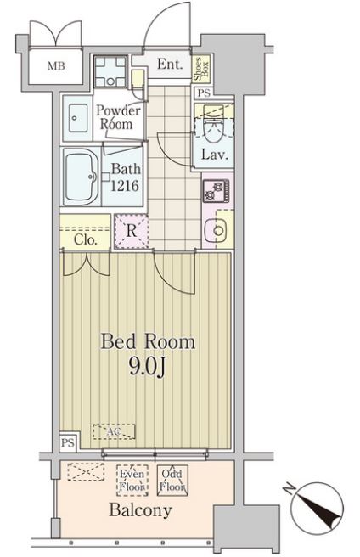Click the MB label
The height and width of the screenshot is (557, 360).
click(57, 66)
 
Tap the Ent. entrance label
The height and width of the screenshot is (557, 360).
click(170, 64)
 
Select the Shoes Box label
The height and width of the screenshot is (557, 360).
click(201, 68)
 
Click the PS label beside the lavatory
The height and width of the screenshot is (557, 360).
click(204, 93)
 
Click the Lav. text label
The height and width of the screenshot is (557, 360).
click(214, 155)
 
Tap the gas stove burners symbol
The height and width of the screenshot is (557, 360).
click(216, 191)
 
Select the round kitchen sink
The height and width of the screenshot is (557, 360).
click(216, 230)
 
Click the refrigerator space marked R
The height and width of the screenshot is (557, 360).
click(131, 231)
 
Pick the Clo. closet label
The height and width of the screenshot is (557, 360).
click(85, 240)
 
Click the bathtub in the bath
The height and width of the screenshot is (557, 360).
click(82, 177)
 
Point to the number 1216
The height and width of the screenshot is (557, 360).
click(124, 185)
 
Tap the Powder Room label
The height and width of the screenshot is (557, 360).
click(118, 117)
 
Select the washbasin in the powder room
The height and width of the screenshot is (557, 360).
click(78, 118)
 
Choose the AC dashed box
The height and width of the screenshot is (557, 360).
click(114, 431)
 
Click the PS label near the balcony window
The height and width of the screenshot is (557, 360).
click(68, 442)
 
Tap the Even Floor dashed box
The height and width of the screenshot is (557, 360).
click(132, 481)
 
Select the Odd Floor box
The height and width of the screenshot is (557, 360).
click(172, 481)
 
